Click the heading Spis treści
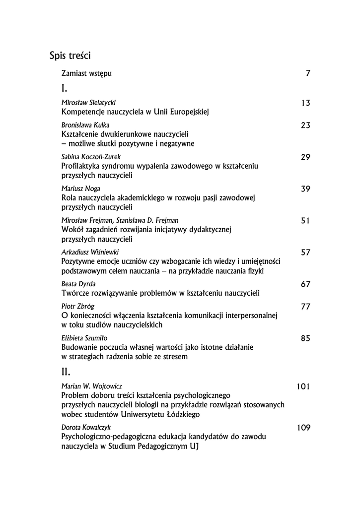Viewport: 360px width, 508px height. [73, 55]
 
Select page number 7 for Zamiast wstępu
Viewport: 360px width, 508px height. [308, 73]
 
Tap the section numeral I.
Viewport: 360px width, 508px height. [64, 89]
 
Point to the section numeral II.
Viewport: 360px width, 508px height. [66, 372]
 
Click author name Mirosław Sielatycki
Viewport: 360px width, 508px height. [88, 103]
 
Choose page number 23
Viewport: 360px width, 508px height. [305, 126]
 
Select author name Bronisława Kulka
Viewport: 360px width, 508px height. [85, 126]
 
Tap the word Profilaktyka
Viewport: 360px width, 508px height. [81, 166]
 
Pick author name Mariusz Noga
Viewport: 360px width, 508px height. [81, 189]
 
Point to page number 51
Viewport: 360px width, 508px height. [305, 220]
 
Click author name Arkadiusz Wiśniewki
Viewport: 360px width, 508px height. [90, 252]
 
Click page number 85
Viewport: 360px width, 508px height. [305, 338]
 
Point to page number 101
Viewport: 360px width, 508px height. [303, 385]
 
